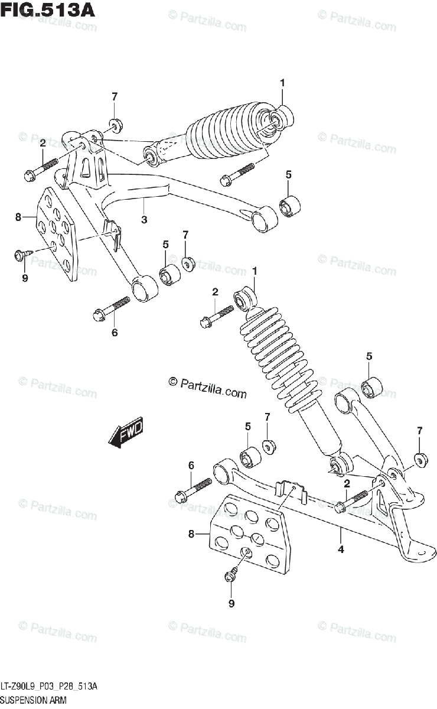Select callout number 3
coord(144,220)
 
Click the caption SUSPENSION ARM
coord(34,700)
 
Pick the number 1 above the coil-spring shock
coord(255,271)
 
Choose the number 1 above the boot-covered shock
coord(282,83)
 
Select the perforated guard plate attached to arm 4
coord(249,535)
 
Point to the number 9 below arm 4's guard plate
coord(231,603)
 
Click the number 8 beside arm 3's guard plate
coord(18,217)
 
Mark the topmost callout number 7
coord(115,97)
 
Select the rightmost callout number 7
coord(419,430)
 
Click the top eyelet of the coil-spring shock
coord(244,298)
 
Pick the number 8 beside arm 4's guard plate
coord(191,535)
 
